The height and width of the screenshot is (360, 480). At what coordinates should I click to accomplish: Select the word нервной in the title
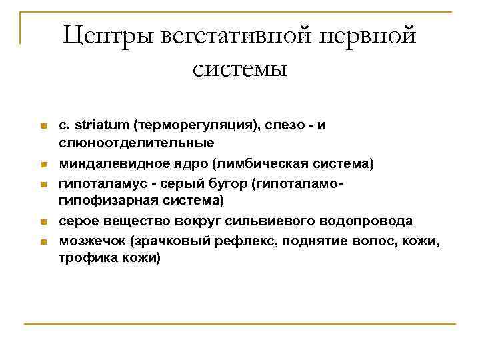tap(365, 35)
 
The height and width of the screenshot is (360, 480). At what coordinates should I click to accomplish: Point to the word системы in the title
tap(240, 69)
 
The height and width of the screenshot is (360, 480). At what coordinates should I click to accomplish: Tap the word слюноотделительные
tap(137, 143)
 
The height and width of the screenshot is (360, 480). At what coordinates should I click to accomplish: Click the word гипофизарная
tap(107, 201)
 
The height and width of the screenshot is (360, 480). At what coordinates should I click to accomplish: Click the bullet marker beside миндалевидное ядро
tap(42, 164)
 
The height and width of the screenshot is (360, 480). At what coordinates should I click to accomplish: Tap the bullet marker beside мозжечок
tap(42, 241)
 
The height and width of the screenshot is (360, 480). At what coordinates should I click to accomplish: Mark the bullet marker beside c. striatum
tap(42, 126)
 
